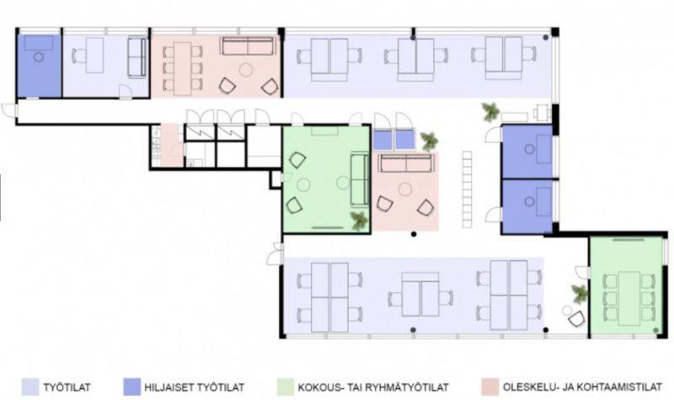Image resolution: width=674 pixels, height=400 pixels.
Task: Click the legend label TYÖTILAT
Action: [67, 387]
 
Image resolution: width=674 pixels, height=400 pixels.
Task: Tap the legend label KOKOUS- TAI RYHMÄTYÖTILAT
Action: [373, 387]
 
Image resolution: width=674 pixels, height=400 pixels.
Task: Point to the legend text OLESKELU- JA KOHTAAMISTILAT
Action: [582, 387]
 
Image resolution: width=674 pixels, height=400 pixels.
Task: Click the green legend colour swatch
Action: [285, 387]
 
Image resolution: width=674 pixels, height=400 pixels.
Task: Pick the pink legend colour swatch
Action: [490, 387]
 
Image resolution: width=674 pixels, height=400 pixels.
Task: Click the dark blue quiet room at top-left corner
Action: [39, 66]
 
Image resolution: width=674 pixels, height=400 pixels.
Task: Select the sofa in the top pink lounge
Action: [248, 46]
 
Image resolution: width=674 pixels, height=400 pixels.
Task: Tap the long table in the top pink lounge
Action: [182, 69]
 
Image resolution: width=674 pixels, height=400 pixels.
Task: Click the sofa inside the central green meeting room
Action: [361, 179]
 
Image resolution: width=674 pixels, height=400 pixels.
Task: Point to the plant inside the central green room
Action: [360, 221]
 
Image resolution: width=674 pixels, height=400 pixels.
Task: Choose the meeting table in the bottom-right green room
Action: [629, 298]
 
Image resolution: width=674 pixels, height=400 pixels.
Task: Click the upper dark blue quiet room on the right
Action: [527, 152]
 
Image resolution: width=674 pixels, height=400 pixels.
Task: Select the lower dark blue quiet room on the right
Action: [527, 206]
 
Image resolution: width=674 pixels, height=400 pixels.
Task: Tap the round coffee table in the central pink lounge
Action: [404, 189]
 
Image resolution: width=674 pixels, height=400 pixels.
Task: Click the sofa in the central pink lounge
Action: [406, 163]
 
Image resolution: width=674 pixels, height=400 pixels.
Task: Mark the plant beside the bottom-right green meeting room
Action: [580, 294]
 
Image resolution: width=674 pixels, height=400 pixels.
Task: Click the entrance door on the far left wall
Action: [10, 110]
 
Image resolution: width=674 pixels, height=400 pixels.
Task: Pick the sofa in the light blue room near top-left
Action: [137, 57]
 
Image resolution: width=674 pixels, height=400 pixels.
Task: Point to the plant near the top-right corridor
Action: [490, 112]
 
